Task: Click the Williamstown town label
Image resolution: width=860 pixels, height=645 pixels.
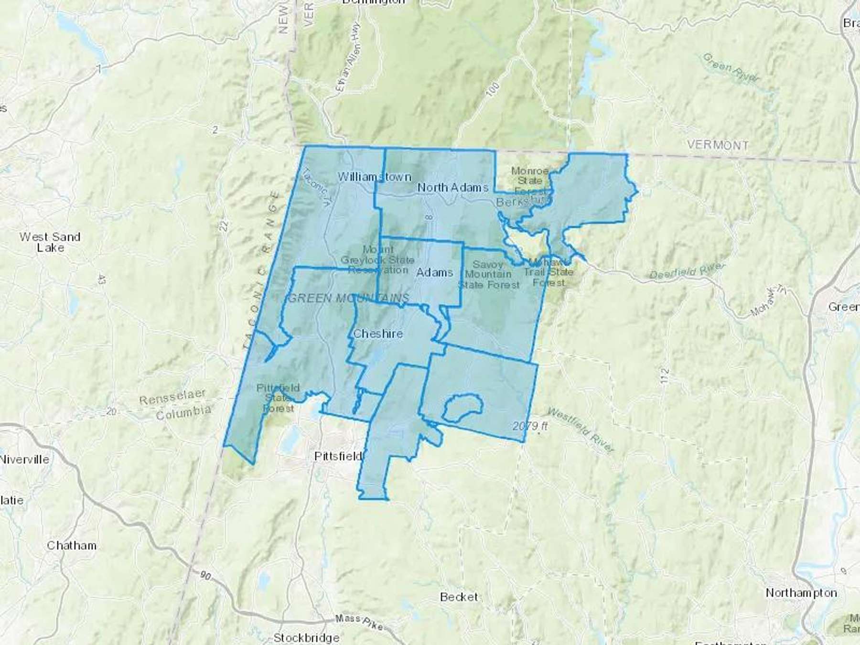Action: pos(374,177)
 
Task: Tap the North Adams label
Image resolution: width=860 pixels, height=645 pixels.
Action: pos(452,187)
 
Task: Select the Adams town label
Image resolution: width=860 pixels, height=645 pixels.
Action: pos(434,272)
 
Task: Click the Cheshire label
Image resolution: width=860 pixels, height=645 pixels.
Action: pos(377,333)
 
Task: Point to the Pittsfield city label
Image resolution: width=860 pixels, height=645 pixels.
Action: pos(338,456)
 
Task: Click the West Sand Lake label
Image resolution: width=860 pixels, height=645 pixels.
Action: pos(50,242)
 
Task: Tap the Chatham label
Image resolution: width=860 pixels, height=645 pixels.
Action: pos(72,546)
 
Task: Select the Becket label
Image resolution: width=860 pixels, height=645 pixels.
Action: pos(459,597)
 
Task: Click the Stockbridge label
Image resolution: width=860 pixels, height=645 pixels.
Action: pos(306,637)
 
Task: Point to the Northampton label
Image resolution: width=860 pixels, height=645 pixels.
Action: pos(801,593)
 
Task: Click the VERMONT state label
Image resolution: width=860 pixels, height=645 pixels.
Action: pos(718,145)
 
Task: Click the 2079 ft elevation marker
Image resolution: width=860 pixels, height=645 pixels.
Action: pos(530,426)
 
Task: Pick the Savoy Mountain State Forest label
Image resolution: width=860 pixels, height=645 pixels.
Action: pos(488,275)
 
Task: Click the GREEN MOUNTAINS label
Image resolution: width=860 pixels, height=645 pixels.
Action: pos(349,299)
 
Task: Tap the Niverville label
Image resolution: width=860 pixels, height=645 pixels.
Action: pos(24,460)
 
